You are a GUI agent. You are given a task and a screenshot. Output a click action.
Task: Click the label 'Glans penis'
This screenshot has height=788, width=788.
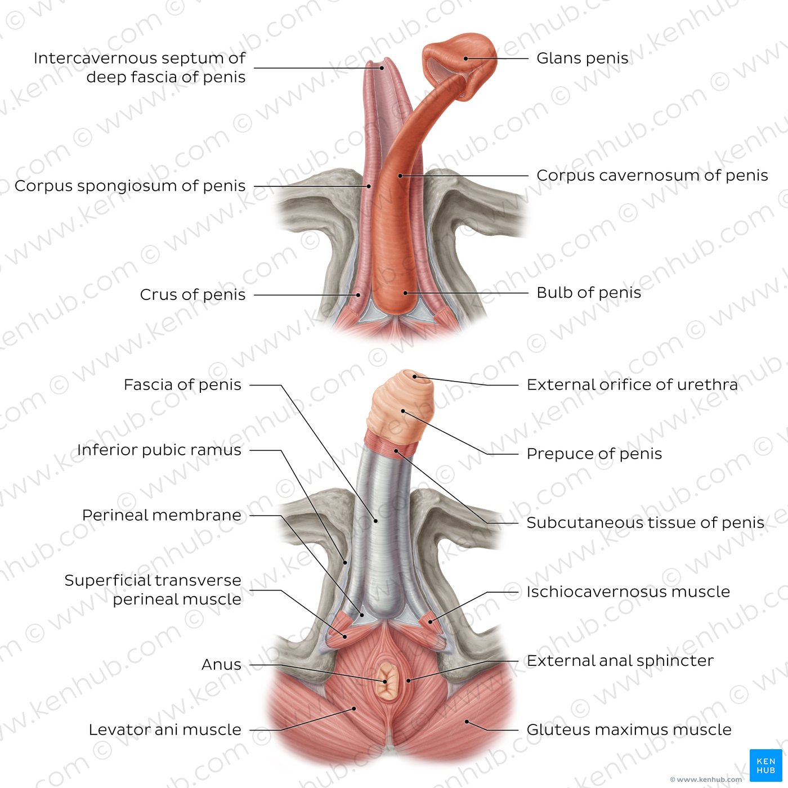582,59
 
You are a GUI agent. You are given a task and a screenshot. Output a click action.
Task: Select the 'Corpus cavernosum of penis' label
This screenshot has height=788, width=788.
652,176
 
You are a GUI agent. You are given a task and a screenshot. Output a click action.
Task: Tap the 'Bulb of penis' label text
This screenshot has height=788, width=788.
588,293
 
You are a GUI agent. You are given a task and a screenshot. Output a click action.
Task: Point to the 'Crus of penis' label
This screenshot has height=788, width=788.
192,295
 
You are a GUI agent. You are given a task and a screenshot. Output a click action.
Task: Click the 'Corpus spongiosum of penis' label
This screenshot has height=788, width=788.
130,186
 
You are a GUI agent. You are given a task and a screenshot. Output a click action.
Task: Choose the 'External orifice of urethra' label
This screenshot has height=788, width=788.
632,385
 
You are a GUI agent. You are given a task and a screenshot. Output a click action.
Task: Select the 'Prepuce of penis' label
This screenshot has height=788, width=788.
594,454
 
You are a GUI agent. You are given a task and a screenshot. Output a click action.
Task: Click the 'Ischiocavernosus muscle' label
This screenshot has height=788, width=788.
628,592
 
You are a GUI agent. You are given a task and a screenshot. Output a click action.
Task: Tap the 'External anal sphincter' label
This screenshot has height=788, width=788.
620,661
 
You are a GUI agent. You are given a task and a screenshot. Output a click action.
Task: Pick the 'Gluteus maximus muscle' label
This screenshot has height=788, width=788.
629,729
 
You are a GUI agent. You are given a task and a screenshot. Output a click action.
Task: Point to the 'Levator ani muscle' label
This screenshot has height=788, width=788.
165,729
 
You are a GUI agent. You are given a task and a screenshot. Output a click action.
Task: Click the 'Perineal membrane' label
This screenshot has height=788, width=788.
162,515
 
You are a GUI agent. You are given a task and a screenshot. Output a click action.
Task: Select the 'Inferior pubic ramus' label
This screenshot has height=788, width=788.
159,450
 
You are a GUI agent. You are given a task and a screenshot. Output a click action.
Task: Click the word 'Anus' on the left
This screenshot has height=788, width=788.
221,665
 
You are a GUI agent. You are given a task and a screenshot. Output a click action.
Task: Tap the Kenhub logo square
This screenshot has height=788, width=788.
765,765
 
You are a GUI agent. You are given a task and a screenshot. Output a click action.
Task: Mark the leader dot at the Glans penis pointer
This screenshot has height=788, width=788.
466,59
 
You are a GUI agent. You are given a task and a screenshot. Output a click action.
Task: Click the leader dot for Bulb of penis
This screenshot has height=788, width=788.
405,293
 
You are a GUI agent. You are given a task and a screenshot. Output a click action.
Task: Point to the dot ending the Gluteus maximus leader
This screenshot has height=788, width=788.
467,722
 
